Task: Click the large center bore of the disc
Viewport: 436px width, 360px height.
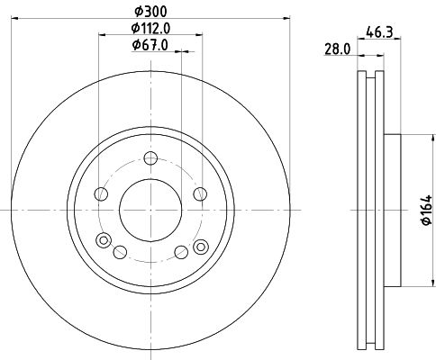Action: [149, 210]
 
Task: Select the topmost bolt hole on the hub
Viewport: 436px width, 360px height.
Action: [149, 158]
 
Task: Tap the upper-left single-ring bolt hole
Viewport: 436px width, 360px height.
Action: [101, 194]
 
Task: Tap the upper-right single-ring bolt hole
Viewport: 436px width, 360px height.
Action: [197, 194]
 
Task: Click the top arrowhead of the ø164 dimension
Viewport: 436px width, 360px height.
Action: [411, 138]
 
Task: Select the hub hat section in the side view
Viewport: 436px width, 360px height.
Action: [392, 210]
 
